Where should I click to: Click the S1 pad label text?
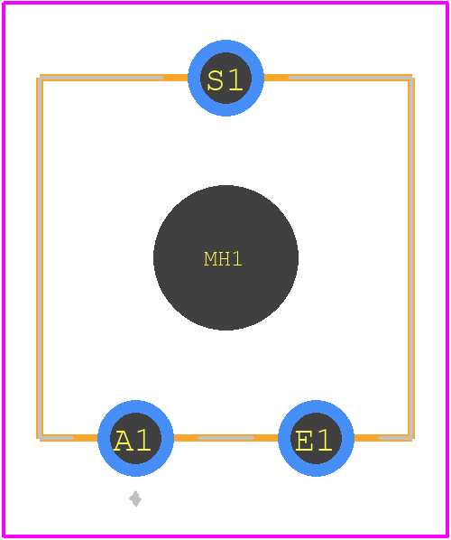point(225,80)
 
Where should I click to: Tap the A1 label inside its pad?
point(133,441)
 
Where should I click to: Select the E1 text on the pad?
point(314,441)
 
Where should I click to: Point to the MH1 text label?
point(224,258)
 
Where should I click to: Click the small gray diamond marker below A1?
point(135,498)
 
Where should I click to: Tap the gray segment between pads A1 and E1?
point(226,438)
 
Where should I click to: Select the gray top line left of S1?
point(102,78)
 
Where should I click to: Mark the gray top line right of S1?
point(350,78)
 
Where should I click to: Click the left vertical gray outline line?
point(41,257)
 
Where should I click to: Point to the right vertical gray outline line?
point(411,257)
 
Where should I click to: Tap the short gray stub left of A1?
point(57,438)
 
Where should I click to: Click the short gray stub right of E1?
point(395,438)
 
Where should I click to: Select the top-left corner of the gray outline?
point(41,79)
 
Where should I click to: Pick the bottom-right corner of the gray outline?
point(411,438)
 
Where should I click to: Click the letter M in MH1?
point(210,258)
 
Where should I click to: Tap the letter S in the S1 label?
point(216,80)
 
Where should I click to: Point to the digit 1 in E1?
point(324,441)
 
